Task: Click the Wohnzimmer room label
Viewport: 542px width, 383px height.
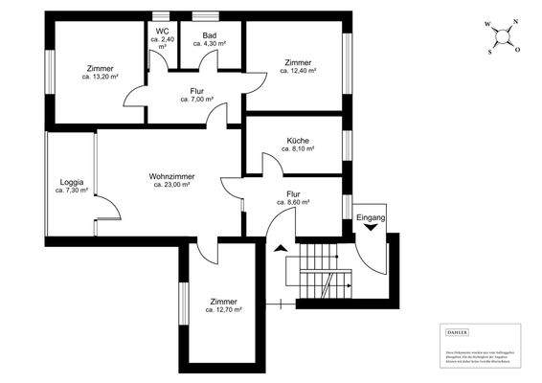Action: click(172, 176)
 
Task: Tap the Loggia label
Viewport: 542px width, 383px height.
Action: click(72, 182)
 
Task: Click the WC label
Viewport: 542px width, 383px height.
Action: click(162, 31)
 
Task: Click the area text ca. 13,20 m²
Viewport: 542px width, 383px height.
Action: click(100, 78)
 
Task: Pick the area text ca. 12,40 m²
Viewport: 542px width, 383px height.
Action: click(298, 71)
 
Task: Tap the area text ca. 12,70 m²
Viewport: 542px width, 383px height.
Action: click(223, 310)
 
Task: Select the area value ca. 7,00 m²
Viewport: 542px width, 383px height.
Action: click(197, 99)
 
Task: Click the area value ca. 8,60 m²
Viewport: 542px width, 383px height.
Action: click(294, 203)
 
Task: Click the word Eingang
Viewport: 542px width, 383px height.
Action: click(371, 218)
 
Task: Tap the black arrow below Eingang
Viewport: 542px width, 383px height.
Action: click(371, 230)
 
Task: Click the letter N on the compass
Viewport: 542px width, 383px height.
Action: click(515, 24)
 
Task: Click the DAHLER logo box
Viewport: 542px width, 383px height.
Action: click(458, 331)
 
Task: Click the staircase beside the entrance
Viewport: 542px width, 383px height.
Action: click(322, 272)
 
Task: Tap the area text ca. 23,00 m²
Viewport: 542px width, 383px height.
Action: click(172, 186)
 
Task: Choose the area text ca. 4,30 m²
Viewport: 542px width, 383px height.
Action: click(209, 44)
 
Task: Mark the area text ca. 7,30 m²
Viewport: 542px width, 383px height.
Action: click(72, 191)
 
